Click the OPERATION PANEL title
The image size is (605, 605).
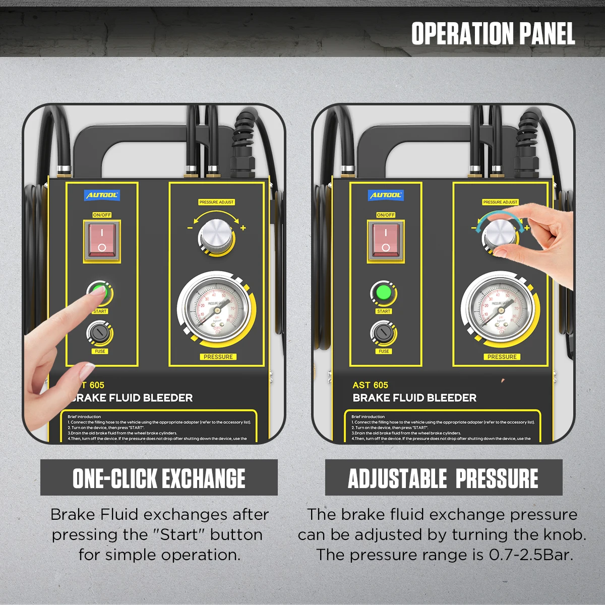493,34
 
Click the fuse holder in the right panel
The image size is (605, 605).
383,333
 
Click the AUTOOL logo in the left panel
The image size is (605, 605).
102,195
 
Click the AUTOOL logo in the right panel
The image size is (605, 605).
386,195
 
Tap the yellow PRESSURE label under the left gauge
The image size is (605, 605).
218,356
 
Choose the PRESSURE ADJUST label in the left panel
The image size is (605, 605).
216,202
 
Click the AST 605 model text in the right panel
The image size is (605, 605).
371,385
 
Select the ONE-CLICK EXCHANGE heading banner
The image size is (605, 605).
159,478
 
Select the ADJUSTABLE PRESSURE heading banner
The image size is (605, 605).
443,478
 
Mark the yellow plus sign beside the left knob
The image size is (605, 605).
243,228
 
